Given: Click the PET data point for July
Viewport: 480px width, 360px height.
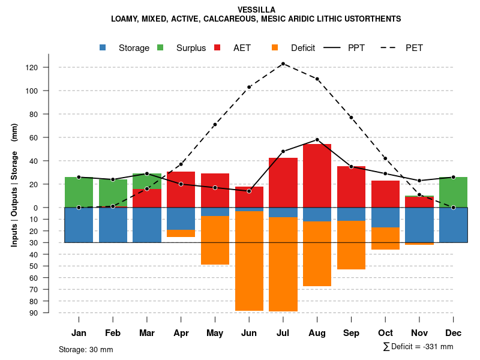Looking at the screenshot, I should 283,64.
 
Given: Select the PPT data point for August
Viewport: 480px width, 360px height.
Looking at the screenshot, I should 317,140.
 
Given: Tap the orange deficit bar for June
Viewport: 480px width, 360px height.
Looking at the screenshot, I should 249,260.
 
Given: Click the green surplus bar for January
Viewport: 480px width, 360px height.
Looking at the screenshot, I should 79,192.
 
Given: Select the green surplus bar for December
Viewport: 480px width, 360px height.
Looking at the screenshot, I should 453,192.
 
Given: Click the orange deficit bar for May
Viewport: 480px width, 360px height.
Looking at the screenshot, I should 215,240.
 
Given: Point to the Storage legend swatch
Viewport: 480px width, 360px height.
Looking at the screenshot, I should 103,47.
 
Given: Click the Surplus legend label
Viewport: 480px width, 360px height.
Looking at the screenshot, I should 191,48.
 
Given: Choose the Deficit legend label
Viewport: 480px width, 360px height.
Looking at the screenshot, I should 303,48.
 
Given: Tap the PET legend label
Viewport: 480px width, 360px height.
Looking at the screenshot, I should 414,48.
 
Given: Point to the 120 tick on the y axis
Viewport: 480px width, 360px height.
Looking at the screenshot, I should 49,67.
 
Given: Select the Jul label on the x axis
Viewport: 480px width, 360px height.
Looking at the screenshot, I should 283,333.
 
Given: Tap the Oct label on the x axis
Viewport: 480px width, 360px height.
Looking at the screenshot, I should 385,333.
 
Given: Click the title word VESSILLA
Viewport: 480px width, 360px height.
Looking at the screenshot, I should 256,10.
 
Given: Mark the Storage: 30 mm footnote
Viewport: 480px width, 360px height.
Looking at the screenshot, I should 86,349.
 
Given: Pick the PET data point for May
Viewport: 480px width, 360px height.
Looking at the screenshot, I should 215,125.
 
